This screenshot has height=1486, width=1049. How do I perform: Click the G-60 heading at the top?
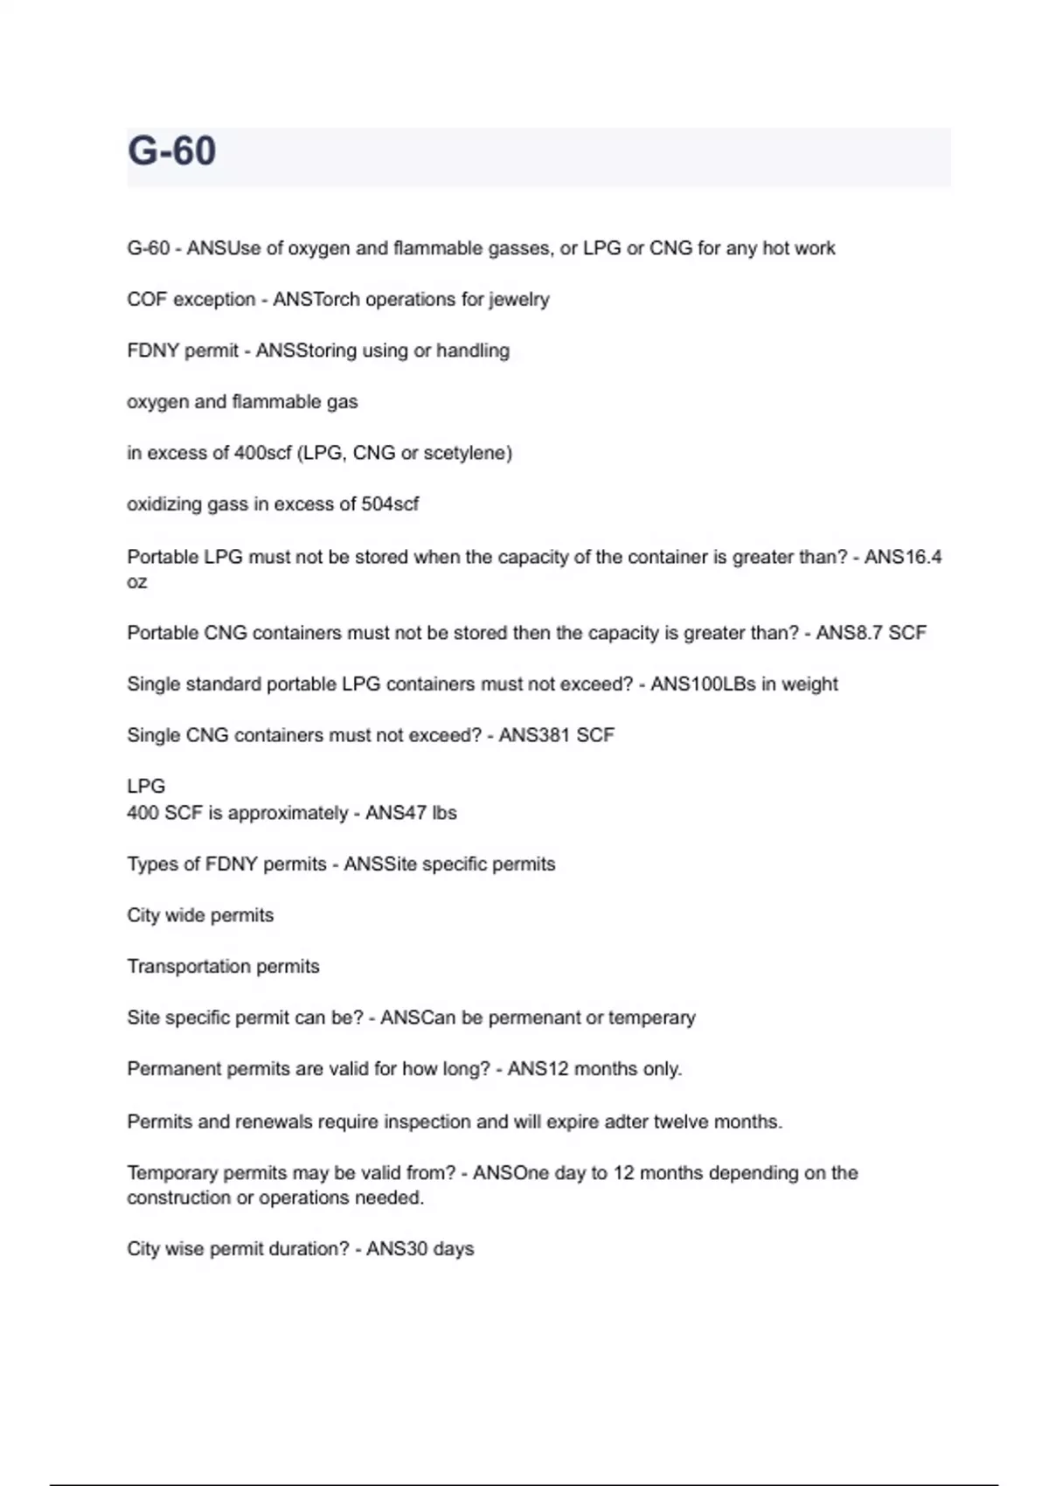point(171,150)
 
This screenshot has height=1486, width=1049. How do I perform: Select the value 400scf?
point(262,453)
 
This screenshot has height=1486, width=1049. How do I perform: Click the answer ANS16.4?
point(903,557)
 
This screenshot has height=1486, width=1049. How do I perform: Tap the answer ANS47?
point(395,813)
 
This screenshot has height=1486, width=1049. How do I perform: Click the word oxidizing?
point(163,504)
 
